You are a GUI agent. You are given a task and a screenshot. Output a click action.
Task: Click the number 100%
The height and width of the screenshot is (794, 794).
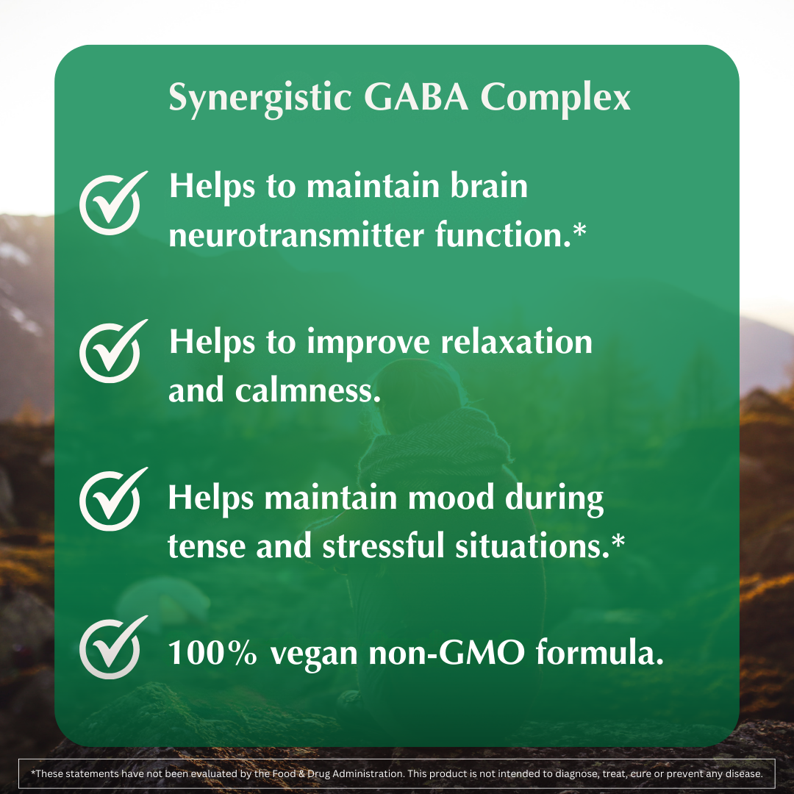pos(212,653)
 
